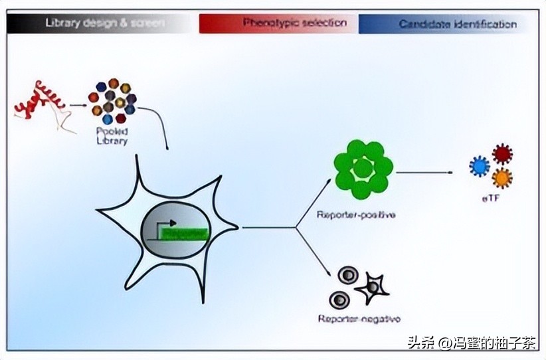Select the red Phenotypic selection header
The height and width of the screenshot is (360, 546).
(276, 23)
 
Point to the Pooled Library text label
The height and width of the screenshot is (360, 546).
(111, 136)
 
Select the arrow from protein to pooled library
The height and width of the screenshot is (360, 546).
(78, 104)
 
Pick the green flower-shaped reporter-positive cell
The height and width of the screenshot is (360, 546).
(363, 169)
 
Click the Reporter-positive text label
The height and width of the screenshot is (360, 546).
(356, 215)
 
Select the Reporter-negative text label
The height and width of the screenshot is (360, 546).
(359, 318)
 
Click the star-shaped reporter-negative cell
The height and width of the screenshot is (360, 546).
(372, 287)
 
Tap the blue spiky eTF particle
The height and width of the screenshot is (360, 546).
(479, 165)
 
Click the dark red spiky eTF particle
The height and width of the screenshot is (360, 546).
(502, 154)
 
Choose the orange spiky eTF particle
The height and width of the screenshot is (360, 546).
(502, 178)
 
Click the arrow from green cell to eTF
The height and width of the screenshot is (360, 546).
(425, 173)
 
